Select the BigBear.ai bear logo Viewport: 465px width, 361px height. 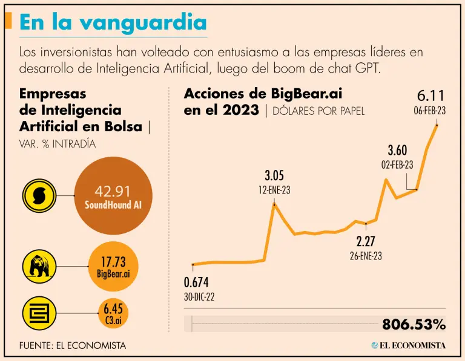point(39,265)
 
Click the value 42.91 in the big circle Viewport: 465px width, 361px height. point(113,191)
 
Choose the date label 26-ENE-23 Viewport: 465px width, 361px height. point(365,256)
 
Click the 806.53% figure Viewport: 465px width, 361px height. point(414,324)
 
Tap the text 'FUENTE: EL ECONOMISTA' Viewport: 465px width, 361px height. point(73,345)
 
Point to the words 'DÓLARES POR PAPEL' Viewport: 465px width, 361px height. point(318,111)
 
